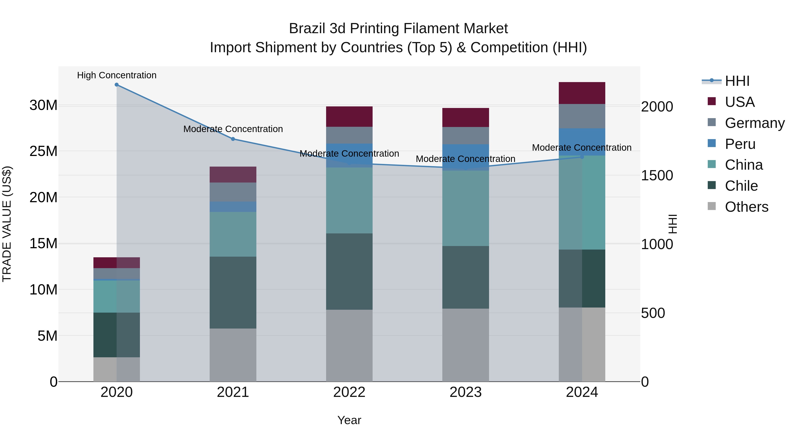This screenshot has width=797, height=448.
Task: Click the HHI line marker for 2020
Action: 117,85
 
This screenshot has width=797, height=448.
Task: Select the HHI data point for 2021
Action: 233,139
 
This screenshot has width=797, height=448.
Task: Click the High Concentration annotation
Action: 117,75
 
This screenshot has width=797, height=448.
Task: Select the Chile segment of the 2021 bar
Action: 233,292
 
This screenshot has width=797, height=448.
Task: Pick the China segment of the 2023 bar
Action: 465,208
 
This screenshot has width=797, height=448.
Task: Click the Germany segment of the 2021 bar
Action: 233,192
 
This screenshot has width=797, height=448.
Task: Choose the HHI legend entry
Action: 737,81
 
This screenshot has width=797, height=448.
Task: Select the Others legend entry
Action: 746,207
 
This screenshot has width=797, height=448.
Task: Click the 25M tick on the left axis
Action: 43,151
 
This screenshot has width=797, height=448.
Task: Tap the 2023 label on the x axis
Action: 465,392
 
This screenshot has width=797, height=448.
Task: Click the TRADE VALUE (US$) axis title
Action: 7,224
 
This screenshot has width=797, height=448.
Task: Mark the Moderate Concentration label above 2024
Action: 582,148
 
